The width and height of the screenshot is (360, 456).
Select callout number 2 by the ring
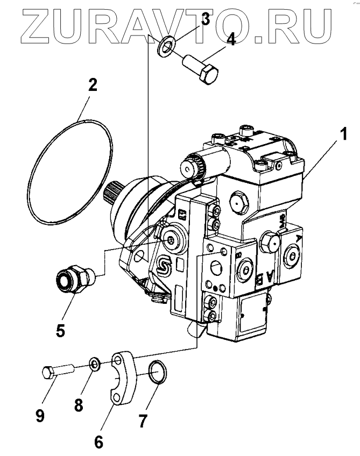93,84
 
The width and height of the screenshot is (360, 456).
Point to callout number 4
230,40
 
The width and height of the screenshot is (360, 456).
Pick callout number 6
98,442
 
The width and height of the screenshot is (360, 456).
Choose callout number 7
142,421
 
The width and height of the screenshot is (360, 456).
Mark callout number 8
79,404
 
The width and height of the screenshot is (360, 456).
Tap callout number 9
40,415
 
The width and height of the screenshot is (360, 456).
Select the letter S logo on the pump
163,265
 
